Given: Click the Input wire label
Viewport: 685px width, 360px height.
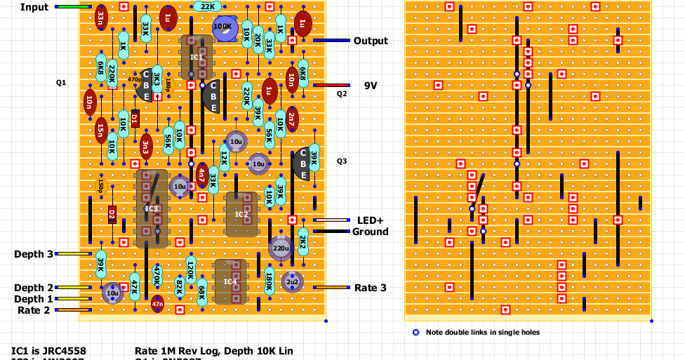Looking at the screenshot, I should [x=34, y=7].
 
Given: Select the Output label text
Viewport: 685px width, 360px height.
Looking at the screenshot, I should [x=371, y=41].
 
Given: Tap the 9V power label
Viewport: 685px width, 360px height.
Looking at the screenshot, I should [x=371, y=85].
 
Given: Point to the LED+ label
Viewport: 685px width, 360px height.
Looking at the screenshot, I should [x=371, y=220].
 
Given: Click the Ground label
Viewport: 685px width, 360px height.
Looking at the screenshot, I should [x=370, y=232].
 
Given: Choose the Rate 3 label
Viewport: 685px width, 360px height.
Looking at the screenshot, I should [x=370, y=288].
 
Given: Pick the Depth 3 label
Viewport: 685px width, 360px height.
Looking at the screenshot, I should [x=33, y=253].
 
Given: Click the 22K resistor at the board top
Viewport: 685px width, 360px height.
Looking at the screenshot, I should [x=208, y=6].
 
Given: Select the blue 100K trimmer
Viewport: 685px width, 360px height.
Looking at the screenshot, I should [x=224, y=27].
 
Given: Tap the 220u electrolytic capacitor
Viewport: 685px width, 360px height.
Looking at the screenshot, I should [x=280, y=248].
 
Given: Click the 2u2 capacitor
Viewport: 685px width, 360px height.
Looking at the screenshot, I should [x=291, y=281].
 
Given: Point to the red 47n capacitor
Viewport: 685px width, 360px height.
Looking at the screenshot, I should [x=157, y=303].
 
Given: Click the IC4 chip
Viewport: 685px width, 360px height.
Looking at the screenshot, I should [x=230, y=281].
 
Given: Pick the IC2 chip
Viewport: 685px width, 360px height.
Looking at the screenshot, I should [x=241, y=214].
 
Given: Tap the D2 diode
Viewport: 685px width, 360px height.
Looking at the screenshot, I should [x=112, y=214].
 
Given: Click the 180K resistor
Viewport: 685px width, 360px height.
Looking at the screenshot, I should [x=269, y=281].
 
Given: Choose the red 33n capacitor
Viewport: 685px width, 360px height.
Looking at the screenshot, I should [x=101, y=18].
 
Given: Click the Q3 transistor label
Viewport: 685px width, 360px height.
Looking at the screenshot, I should [x=342, y=161].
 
